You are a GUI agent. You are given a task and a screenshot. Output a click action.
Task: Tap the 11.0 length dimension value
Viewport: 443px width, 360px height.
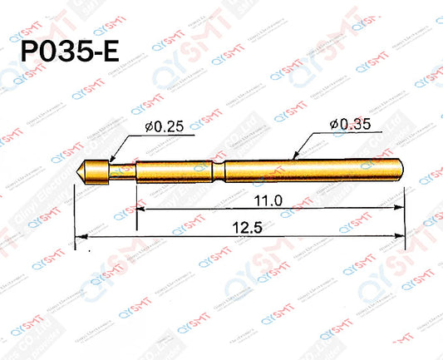point(268,200)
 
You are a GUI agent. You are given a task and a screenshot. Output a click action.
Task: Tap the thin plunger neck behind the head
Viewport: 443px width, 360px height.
point(123,170)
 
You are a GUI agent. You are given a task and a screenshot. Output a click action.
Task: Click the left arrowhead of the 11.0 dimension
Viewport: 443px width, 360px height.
point(140,211)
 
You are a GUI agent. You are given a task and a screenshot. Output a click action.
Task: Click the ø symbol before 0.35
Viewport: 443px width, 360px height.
point(333,125)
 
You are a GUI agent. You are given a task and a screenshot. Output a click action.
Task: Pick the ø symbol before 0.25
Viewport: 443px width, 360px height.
point(147,126)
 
